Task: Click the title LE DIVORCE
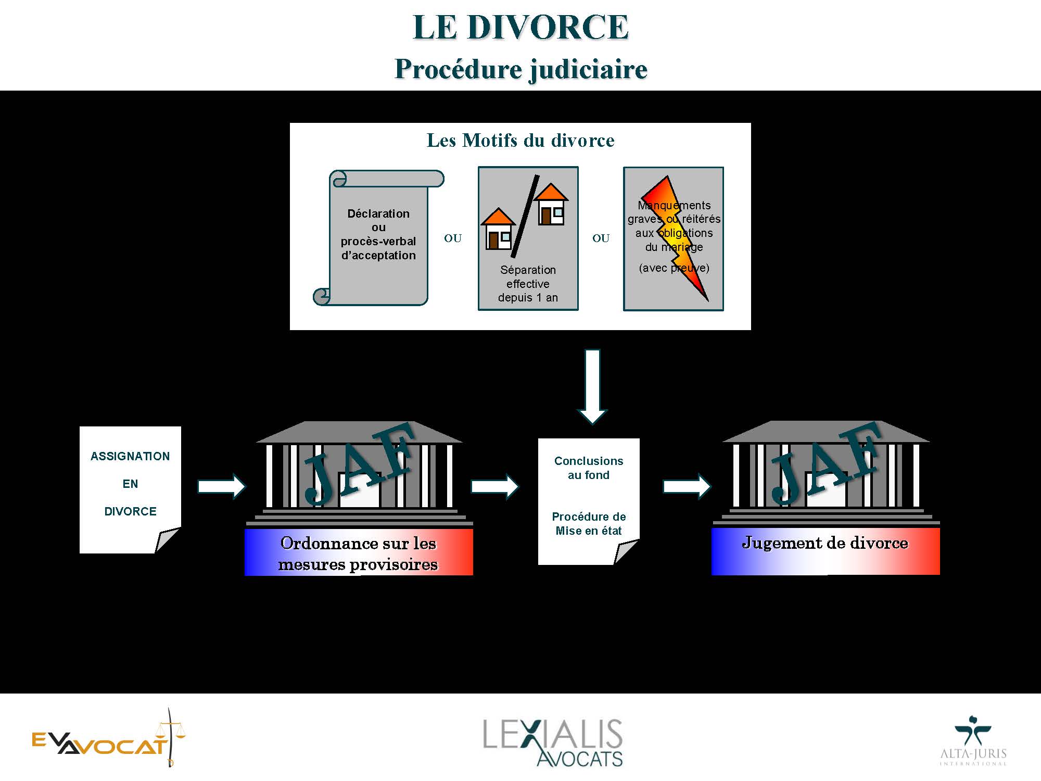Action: tap(520, 27)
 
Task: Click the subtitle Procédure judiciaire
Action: tap(521, 69)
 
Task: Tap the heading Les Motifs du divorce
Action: tap(520, 140)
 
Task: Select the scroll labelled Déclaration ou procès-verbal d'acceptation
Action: tap(378, 237)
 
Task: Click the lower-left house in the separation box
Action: tap(498, 229)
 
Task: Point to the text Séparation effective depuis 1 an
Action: tap(528, 284)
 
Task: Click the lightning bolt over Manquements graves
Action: tap(675, 237)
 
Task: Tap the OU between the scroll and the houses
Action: tap(453, 238)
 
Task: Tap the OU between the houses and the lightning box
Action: tap(601, 238)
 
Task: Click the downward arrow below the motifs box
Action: tap(592, 387)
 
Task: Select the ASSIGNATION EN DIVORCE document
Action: tap(130, 489)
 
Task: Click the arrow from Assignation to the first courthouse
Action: tap(222, 487)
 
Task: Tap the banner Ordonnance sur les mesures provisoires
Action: tap(359, 552)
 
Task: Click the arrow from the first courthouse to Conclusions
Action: tap(495, 487)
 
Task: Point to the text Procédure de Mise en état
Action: tap(589, 524)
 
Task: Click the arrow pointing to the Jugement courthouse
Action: tap(687, 487)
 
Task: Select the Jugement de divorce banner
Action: tap(826, 551)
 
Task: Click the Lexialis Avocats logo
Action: tap(553, 742)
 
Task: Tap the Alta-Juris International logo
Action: tap(973, 740)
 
